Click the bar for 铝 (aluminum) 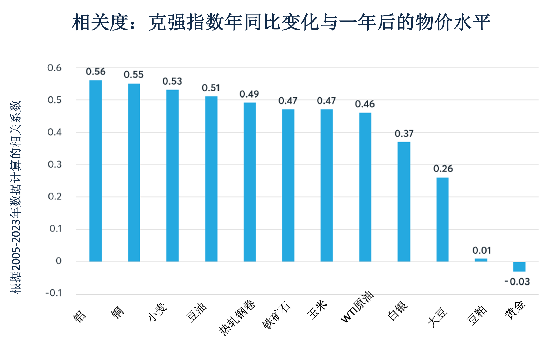(95, 171)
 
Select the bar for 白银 (404, 202)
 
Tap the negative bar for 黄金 (519, 267)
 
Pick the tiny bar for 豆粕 (481, 260)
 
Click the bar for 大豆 (442, 219)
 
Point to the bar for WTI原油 (365, 187)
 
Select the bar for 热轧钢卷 (250, 182)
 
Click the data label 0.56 (96, 72)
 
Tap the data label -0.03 (517, 282)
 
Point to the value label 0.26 (443, 169)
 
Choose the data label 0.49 (249, 94)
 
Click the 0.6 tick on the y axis (54, 68)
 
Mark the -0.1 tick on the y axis (54, 293)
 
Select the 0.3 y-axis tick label (55, 164)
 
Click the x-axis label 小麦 (158, 312)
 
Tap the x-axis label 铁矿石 (277, 315)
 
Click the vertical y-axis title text (16, 197)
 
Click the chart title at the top (281, 22)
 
